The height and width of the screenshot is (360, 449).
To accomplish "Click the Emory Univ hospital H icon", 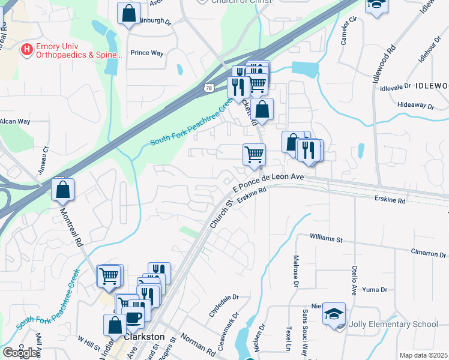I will [26, 50].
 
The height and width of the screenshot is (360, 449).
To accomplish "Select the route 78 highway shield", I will [208, 87].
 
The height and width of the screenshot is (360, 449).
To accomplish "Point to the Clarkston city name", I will [144, 337].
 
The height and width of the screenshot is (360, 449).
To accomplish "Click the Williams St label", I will [326, 239].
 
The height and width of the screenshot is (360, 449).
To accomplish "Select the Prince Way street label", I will [147, 53].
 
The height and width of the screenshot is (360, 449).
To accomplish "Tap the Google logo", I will [20, 352].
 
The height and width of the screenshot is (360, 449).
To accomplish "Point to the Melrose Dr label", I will [295, 278].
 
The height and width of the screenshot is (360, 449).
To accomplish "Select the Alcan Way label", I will [15, 121].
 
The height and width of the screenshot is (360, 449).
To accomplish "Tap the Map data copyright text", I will [423, 355].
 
